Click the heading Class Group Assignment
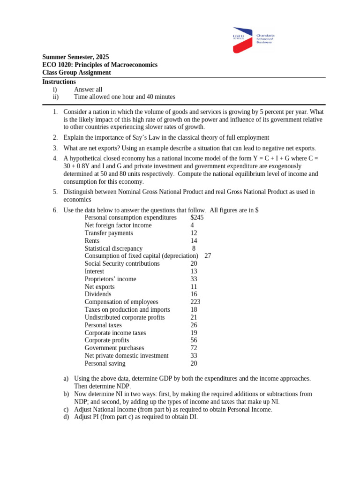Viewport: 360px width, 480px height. pos(76,73)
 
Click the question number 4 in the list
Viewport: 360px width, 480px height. pos(55,158)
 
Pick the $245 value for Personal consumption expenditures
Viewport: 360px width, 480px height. pos(197,217)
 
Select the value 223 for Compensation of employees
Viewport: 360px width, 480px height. pos(195,302)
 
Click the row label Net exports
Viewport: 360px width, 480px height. pos(99,286)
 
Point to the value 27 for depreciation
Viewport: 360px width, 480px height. pos(208,256)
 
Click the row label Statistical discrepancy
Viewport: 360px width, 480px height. pos(113,248)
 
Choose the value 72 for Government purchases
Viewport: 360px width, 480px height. pos(194,348)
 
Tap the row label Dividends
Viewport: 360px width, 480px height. pos(98,294)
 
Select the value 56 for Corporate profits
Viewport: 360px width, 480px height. pos(194,340)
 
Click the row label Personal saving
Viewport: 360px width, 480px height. pos(105,363)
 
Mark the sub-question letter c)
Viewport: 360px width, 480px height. pos(66,409)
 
